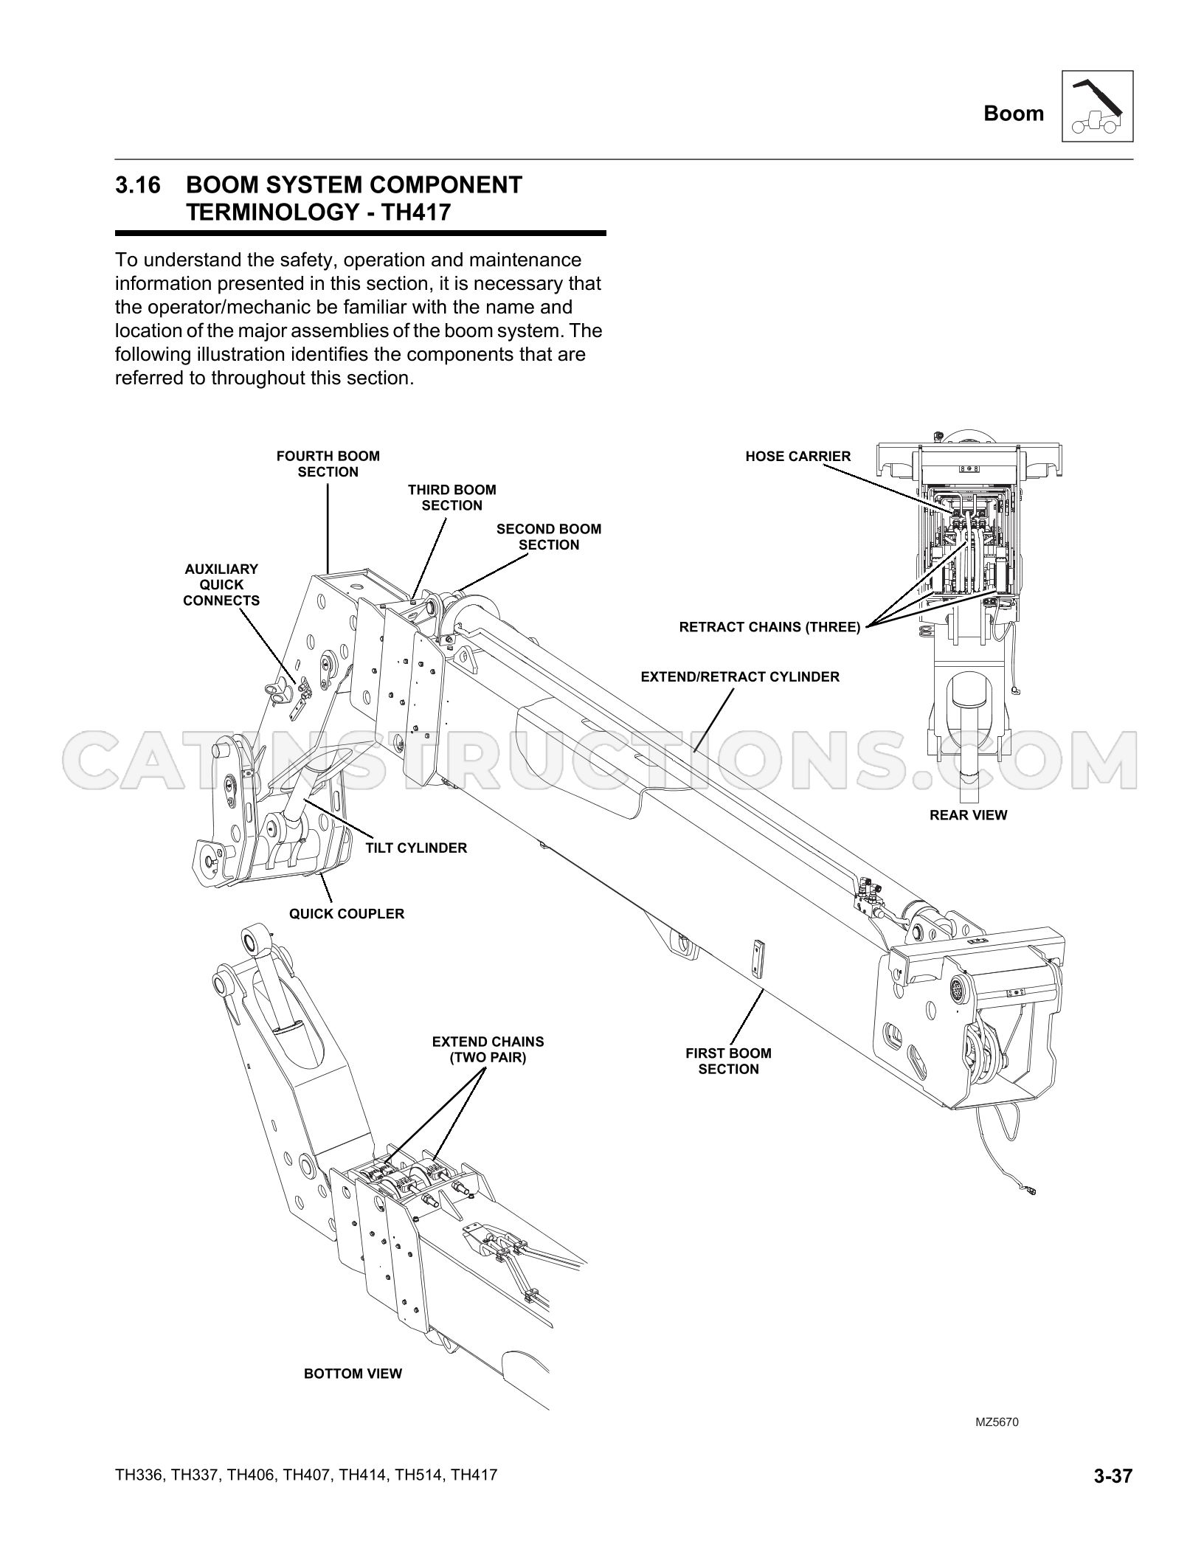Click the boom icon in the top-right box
point(1097,106)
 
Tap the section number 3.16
point(137,185)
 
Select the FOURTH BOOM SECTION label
point(328,464)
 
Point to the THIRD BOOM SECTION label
point(452,497)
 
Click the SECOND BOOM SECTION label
point(549,537)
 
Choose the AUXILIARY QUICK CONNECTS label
point(221,585)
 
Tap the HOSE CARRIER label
point(798,457)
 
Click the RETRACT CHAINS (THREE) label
point(769,628)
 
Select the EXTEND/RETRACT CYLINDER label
point(740,676)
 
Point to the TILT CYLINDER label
point(416,848)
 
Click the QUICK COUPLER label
point(347,913)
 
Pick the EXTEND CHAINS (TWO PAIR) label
point(488,1050)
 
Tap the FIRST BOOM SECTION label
point(729,1061)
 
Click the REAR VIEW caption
point(969,815)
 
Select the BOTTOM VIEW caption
point(353,1374)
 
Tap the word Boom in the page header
point(1014,114)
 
